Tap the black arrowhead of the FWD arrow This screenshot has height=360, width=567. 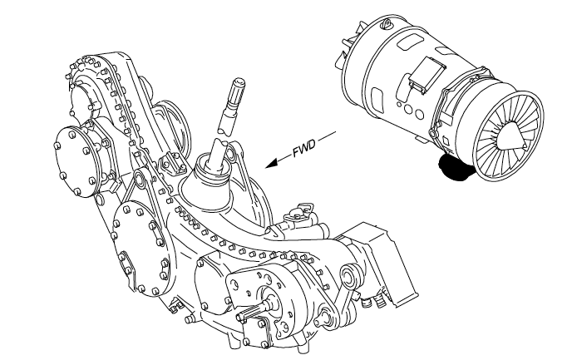(x=274, y=163)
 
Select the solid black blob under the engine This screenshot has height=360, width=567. (x=455, y=166)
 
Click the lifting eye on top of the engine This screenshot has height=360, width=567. (x=387, y=23)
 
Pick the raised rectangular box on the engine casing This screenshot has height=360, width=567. (x=426, y=75)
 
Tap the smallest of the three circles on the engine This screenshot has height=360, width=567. (x=399, y=105)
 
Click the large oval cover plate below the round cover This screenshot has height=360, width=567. (x=141, y=249)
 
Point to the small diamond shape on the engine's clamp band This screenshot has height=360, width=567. (x=446, y=141)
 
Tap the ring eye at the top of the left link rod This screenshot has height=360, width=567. (x=139, y=178)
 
